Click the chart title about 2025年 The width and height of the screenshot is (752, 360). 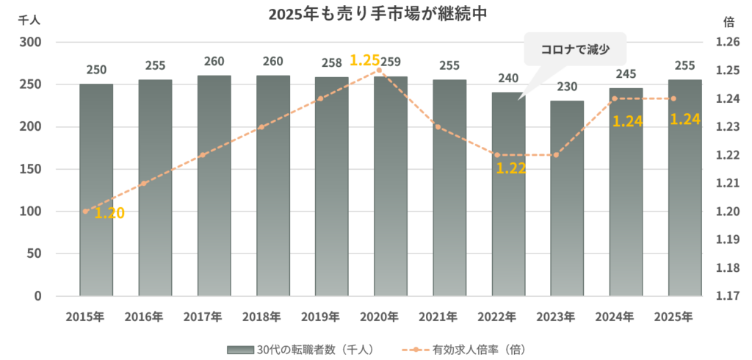coord(375,13)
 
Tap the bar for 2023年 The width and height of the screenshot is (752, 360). coord(567,198)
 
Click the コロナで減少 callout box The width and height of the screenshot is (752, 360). coord(574,51)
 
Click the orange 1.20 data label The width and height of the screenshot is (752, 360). coord(109,213)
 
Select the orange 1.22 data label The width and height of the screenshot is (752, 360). coord(511,168)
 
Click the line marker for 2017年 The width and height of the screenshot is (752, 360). coord(203,155)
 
